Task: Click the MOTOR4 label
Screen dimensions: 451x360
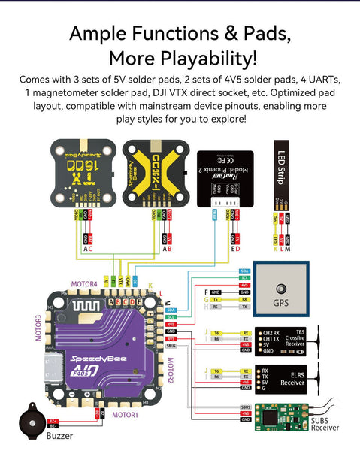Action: click(x=83, y=284)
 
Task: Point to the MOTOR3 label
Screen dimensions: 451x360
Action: click(x=35, y=327)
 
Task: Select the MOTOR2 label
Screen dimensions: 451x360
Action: click(x=169, y=371)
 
